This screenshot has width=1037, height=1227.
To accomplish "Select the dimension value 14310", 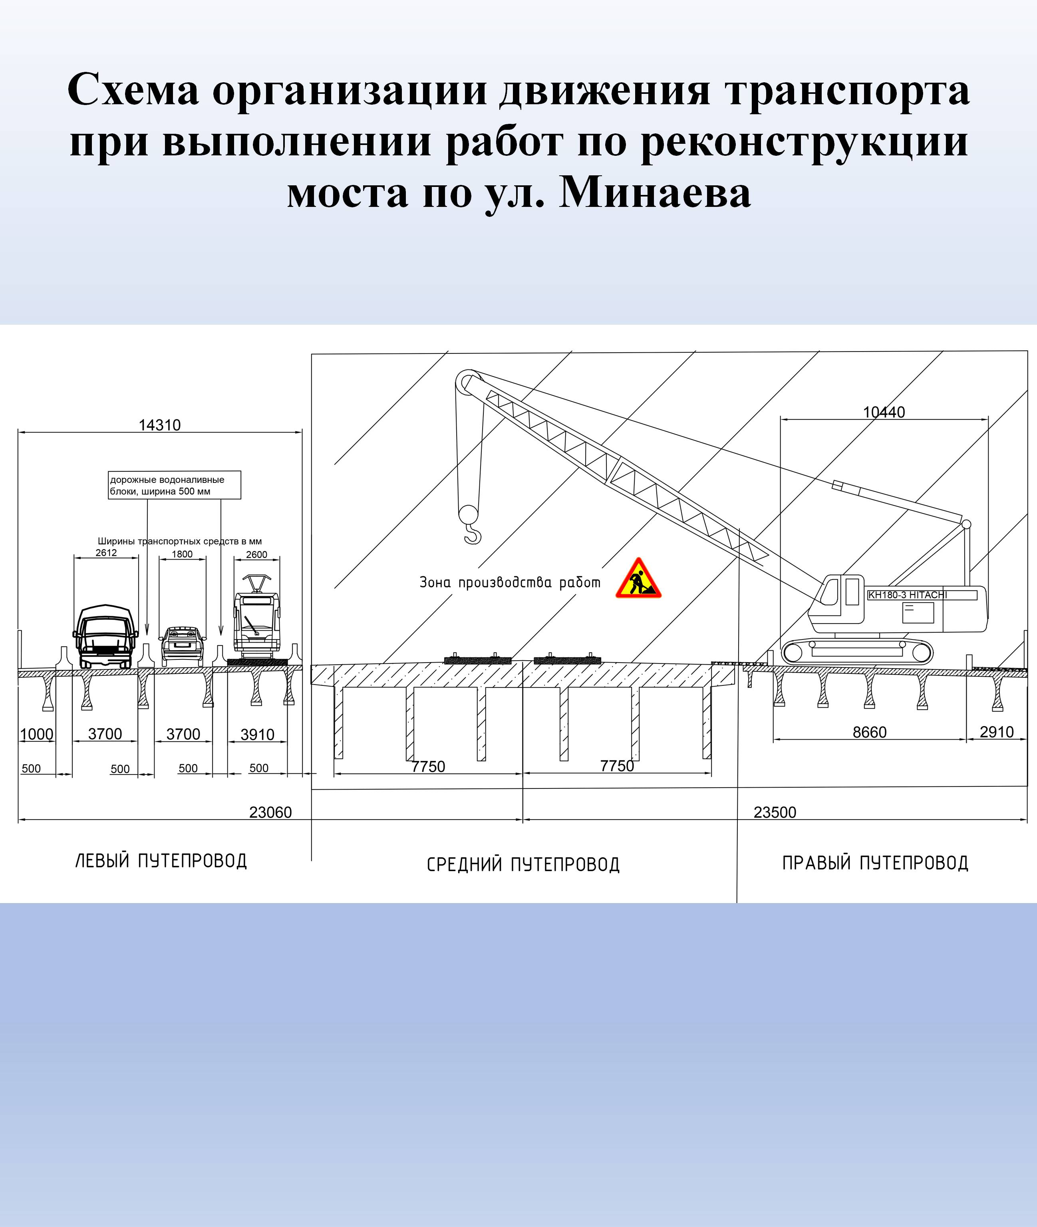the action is pyautogui.click(x=159, y=425).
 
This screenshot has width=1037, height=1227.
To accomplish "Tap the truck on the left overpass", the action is pyautogui.click(x=106, y=637).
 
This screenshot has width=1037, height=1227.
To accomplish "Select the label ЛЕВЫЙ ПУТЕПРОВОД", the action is pyautogui.click(x=161, y=861).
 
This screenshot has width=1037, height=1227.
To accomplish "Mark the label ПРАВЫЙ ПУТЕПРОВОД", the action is pyautogui.click(x=875, y=863).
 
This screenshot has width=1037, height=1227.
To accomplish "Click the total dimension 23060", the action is pyautogui.click(x=270, y=812).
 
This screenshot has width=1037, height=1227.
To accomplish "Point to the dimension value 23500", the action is pyautogui.click(x=775, y=812).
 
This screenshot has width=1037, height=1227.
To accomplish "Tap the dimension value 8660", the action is pyautogui.click(x=870, y=732).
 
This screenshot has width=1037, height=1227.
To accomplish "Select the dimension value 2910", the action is pyautogui.click(x=997, y=732).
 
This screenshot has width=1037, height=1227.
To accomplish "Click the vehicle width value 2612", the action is pyautogui.click(x=106, y=552).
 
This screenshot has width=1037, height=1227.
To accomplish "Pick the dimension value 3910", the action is pyautogui.click(x=258, y=735).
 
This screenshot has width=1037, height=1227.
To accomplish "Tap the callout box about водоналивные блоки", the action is pyautogui.click(x=175, y=485).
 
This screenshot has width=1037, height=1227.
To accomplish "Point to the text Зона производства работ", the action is pyautogui.click(x=510, y=582).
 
